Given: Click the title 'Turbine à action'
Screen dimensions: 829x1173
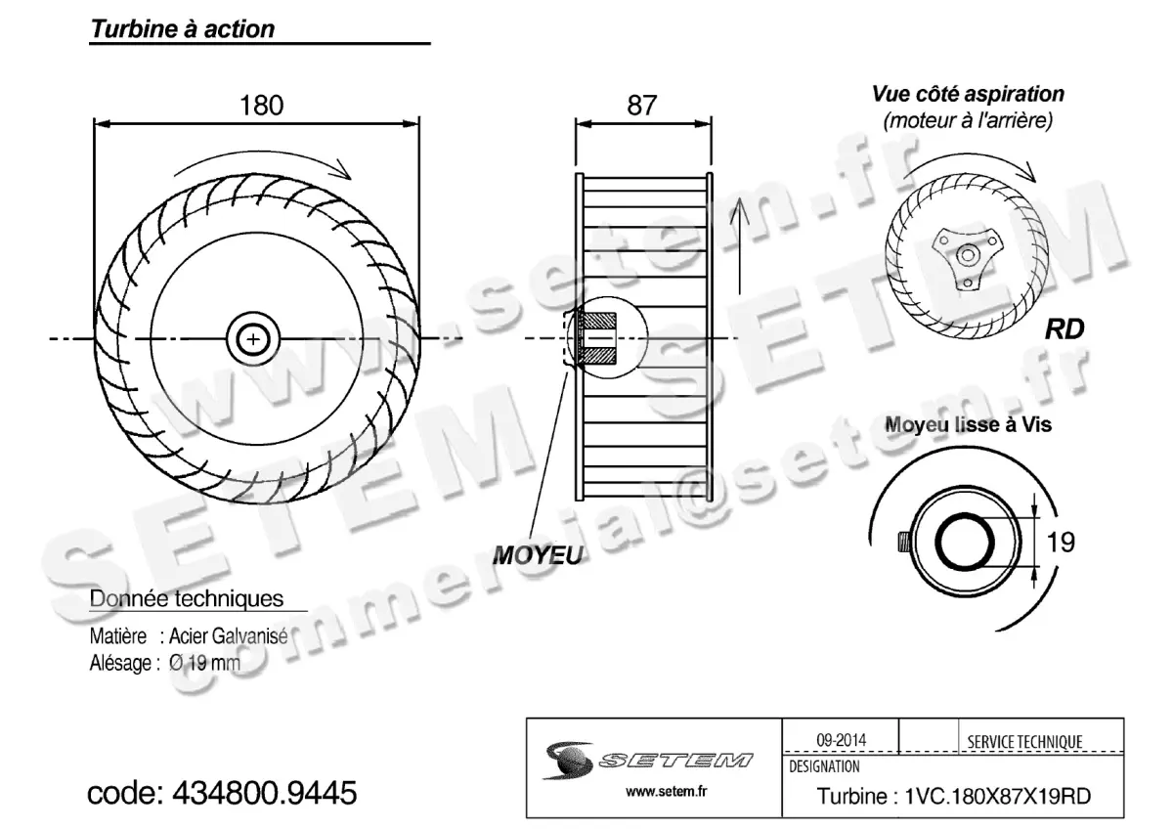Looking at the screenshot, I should point(183,29).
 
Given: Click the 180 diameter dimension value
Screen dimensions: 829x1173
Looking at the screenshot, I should point(261,106).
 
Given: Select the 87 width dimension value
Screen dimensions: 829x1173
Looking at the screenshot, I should point(642,106).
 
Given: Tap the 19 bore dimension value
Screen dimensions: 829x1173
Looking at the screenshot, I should point(1061,541).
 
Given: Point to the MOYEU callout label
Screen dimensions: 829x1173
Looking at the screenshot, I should point(537,555).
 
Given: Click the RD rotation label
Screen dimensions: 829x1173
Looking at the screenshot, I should point(1064,329).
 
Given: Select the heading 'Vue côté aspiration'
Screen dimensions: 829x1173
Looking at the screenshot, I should point(968,95).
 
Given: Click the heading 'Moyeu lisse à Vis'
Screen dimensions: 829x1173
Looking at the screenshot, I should point(968,425).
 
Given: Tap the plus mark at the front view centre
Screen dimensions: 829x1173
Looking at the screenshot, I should point(254,338).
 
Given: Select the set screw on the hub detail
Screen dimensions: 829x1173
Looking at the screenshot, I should point(903,541).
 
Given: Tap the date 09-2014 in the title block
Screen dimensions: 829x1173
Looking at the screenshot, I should point(840,740).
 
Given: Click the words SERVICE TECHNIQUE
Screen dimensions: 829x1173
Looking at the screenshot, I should point(1024,742).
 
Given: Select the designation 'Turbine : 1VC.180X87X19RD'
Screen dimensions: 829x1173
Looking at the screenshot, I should point(953,797).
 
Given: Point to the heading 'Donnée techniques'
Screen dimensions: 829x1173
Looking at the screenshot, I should point(187,597).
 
